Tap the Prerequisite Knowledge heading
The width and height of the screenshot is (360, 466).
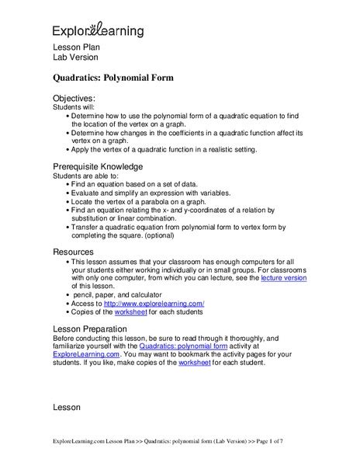coord(97,166)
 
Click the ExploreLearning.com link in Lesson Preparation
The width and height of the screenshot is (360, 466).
coord(85,355)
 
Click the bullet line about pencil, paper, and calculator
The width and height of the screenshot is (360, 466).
coord(127,294)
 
